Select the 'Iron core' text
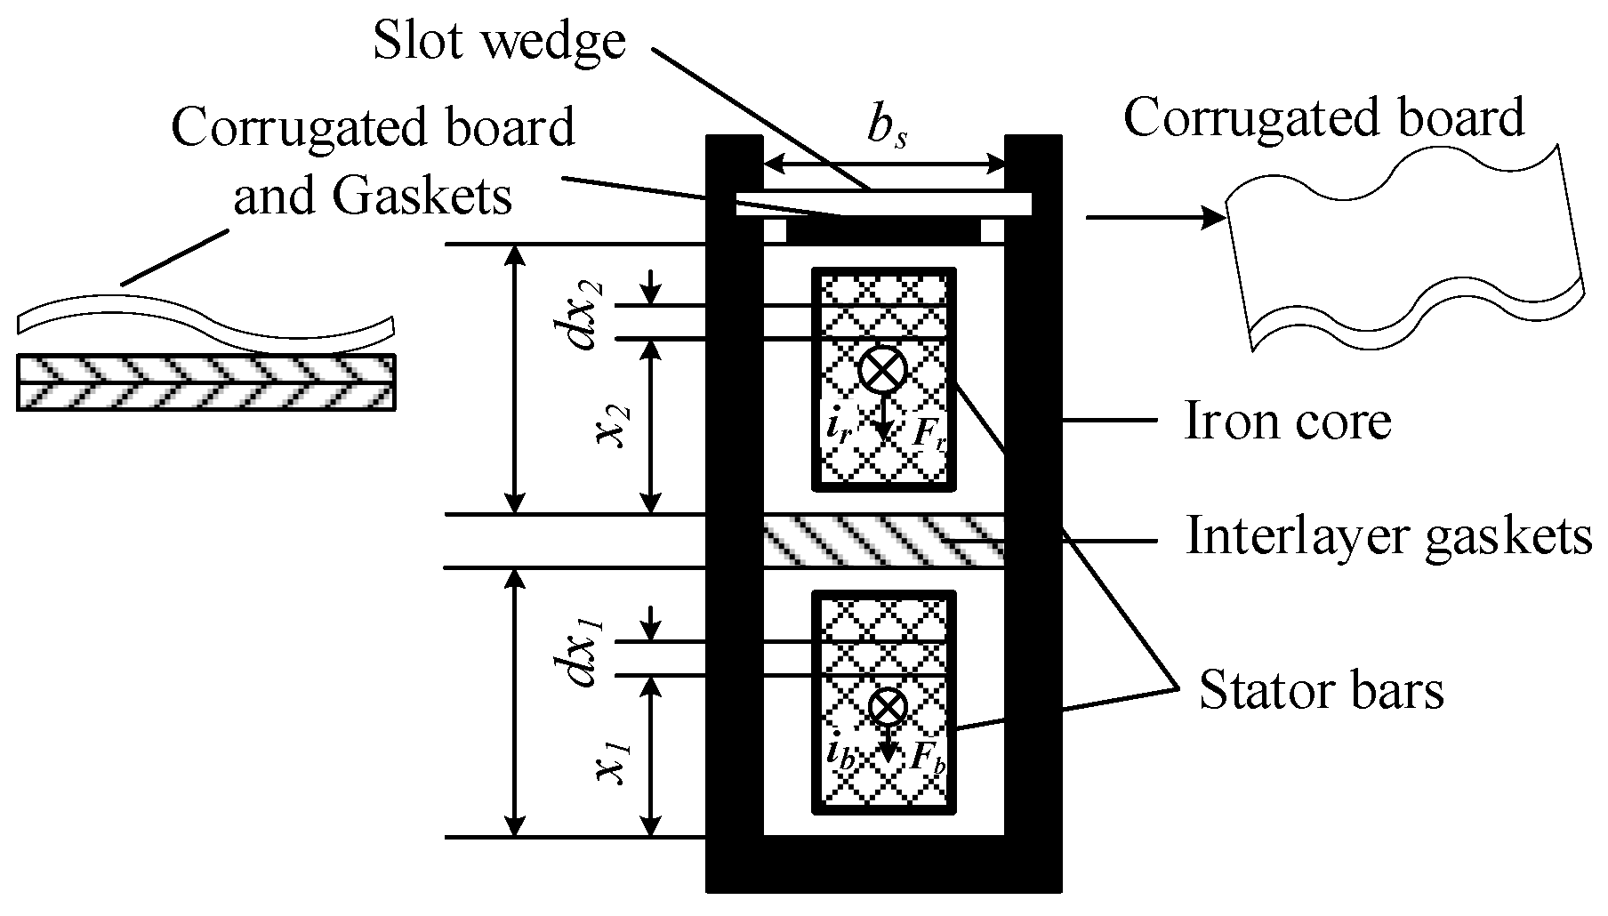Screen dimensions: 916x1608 (1288, 422)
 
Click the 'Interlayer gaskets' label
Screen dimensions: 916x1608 (1388, 536)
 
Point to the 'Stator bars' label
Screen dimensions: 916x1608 (1321, 690)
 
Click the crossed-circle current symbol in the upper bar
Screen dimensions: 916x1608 (882, 370)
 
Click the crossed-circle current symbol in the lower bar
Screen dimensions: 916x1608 (887, 707)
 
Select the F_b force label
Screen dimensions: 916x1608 (929, 757)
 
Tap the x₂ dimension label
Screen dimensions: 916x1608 (612, 427)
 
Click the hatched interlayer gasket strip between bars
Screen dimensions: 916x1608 (883, 540)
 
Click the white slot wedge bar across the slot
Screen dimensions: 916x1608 (883, 204)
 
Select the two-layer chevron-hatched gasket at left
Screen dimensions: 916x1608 (205, 383)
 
